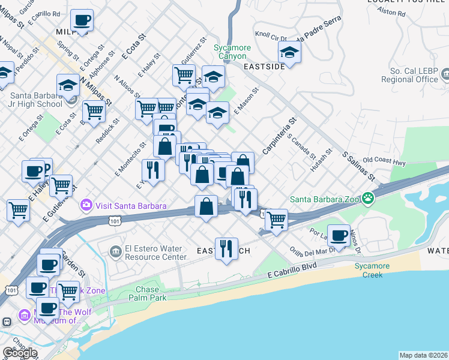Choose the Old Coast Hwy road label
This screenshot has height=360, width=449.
click(x=385, y=161)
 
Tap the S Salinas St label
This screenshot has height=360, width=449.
click(x=359, y=166)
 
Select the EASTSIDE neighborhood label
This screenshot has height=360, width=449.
click(x=264, y=67)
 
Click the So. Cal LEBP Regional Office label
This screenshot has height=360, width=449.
click(x=410, y=75)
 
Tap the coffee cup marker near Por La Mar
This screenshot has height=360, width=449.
click(x=339, y=235)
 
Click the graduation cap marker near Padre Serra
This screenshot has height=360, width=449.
click(x=289, y=52)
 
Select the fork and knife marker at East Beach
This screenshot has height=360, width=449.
click(x=226, y=248)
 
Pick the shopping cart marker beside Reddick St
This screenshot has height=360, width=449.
click(x=94, y=110)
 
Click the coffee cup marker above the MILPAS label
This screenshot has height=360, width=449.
click(x=82, y=20)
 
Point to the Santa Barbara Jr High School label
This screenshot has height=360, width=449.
click(x=35, y=100)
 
